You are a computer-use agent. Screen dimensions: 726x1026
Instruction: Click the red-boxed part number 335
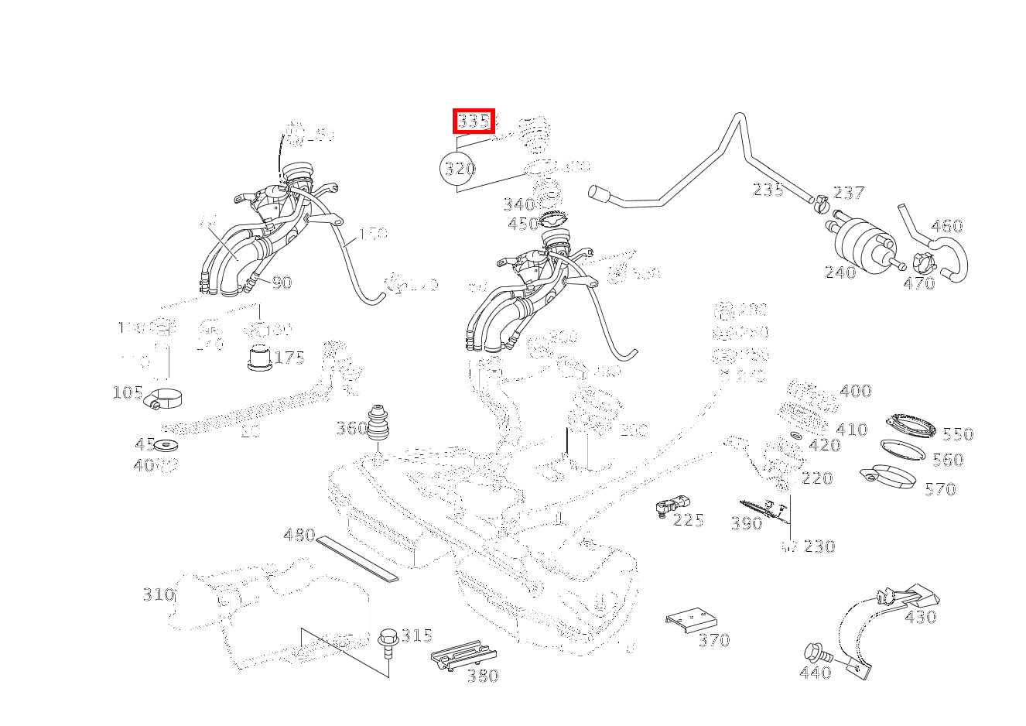[x=473, y=121]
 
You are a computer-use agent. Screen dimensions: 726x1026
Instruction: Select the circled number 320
[x=458, y=169]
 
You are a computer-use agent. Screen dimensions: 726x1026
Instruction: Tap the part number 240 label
[x=840, y=272]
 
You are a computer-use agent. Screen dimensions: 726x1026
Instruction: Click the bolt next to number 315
[x=388, y=641]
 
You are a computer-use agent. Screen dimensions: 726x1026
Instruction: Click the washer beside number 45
[x=166, y=446]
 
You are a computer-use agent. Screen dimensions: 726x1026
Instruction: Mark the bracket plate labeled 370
[x=691, y=620]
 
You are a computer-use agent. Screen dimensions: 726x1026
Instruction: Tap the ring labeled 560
[x=902, y=449]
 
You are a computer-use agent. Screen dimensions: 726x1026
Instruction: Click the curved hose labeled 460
[x=940, y=248]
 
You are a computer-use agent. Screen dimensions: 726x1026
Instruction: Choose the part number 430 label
[x=920, y=618]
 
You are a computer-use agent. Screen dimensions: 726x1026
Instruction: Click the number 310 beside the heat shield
[x=158, y=594]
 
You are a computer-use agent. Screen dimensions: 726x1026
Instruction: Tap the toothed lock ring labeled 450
[x=552, y=219]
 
